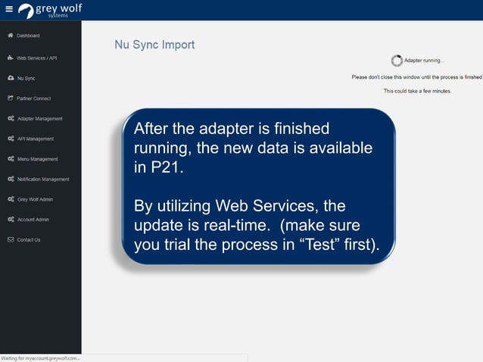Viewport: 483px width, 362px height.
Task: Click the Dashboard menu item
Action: (28, 36)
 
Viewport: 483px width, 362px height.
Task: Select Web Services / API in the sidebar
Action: (36, 58)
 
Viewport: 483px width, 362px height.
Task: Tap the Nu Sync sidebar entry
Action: (26, 78)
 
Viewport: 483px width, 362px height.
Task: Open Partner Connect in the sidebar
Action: (33, 98)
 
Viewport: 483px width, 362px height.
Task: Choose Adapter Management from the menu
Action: (39, 119)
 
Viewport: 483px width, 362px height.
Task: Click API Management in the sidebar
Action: (35, 139)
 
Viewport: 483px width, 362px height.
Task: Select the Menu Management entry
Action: (37, 159)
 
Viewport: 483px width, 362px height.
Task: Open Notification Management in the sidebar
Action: (43, 179)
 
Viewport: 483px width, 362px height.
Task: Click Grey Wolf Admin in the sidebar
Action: (35, 199)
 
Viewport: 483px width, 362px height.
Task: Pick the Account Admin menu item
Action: (33, 220)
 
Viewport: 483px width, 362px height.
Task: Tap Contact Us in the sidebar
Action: (29, 240)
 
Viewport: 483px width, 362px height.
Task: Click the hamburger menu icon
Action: (9, 10)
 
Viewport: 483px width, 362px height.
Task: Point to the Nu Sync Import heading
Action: (154, 45)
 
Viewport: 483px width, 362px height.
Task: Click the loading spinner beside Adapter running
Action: (397, 61)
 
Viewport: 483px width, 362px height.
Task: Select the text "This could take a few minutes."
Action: (417, 91)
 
